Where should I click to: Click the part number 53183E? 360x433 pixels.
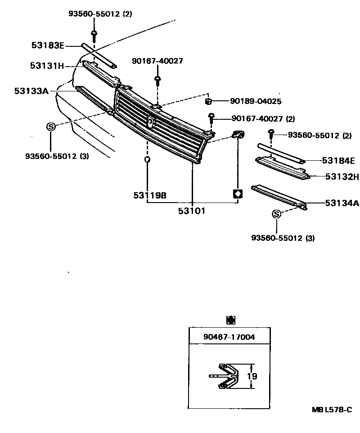(48, 45)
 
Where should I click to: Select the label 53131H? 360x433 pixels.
(47, 66)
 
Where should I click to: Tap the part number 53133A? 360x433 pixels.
(31, 91)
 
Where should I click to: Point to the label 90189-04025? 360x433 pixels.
(244, 102)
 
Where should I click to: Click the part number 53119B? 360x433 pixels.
(150, 195)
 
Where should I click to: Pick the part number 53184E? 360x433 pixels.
(338, 161)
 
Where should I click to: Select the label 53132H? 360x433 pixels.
(342, 176)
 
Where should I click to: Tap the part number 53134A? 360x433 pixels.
(342, 203)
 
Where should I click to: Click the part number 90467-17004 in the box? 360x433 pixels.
(229, 336)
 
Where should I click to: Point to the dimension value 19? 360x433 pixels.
(252, 376)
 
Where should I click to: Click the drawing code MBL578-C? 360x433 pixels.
(332, 410)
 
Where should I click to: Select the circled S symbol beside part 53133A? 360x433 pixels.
(51, 127)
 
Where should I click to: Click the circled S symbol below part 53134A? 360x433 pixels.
(277, 214)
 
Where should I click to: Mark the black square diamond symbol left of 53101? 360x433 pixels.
(237, 194)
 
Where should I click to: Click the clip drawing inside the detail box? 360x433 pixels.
(229, 376)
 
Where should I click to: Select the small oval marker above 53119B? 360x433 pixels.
(147, 159)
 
